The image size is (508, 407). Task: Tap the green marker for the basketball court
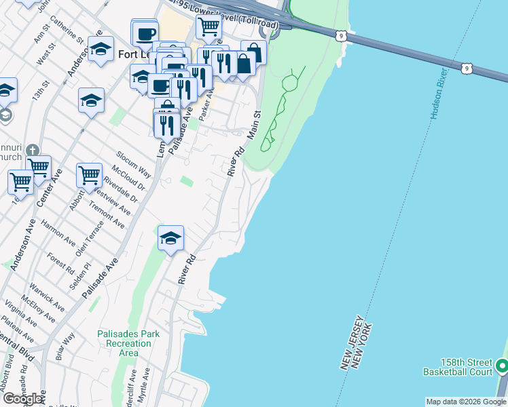pyautogui.click(x=503, y=367)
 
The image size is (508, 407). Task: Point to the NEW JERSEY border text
pyautogui.click(x=347, y=343)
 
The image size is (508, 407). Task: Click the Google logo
pyautogui.click(x=23, y=399)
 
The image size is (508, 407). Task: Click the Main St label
pyautogui.click(x=255, y=125)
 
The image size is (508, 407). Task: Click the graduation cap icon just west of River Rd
pyautogui.click(x=171, y=238)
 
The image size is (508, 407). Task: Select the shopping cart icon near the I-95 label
pyautogui.click(x=208, y=27)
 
